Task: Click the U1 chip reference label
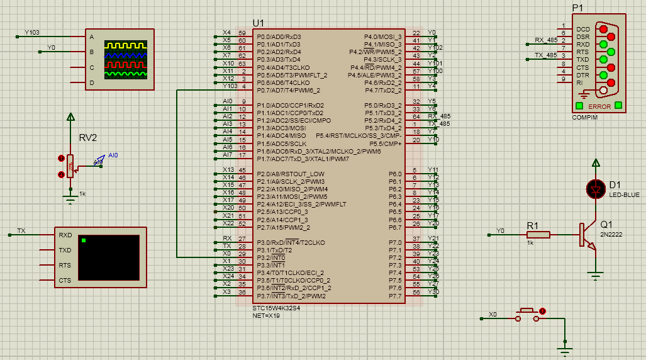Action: [x=258, y=23]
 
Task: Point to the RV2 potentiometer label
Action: [x=88, y=138]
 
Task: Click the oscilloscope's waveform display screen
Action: [x=126, y=59]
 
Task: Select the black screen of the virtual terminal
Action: [x=108, y=257]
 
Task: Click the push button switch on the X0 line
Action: [x=529, y=314]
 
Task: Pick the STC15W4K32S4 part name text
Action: [x=276, y=308]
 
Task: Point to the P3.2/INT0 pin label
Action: [x=271, y=258]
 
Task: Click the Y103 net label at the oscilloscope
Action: [x=31, y=32]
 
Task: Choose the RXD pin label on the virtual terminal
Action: [x=65, y=235]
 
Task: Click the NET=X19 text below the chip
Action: [x=267, y=315]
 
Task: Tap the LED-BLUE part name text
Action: [x=624, y=195]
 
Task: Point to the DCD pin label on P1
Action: [x=583, y=29]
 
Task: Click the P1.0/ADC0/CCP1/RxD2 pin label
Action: [x=290, y=105]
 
